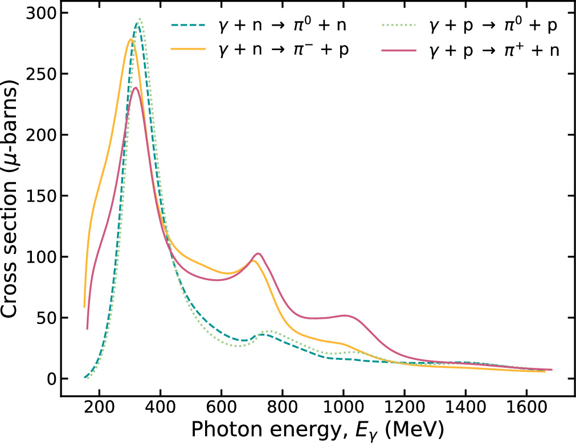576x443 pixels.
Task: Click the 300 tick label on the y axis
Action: [x=42, y=13]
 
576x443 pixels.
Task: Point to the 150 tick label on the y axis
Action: [x=42, y=196]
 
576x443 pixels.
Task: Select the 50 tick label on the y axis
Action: [x=47, y=318]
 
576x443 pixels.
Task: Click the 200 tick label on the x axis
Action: [x=99, y=407]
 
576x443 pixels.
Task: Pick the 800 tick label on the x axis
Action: [x=282, y=407]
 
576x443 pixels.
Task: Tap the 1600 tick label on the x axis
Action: [x=526, y=407]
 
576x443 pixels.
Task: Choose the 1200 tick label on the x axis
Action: [x=404, y=407]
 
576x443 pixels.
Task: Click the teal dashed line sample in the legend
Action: [x=189, y=25]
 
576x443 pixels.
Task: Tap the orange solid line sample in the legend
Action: [x=189, y=49]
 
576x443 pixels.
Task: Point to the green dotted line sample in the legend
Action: [x=399, y=25]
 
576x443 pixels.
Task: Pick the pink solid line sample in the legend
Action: [x=399, y=49]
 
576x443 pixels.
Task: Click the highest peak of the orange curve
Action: [x=131, y=39]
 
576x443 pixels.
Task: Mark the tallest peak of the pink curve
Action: [x=136, y=87]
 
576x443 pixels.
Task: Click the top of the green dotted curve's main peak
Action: [x=140, y=18]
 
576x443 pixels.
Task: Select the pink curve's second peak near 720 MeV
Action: [x=258, y=253]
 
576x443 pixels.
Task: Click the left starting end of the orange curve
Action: [x=84, y=307]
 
